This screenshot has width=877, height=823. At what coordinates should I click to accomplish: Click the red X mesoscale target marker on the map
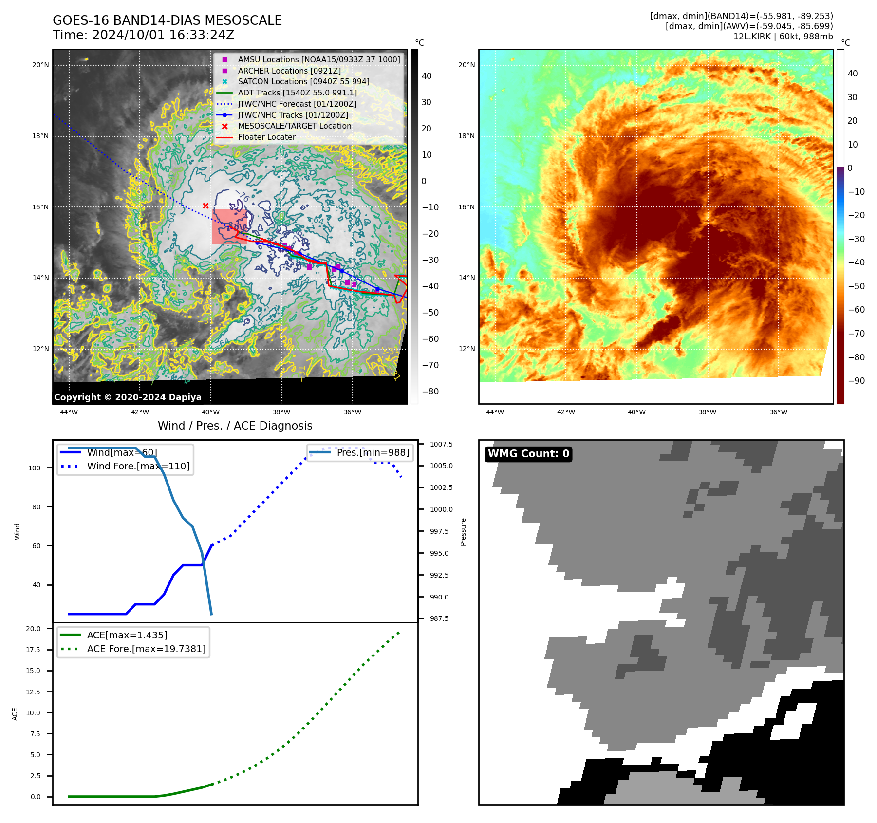click(205, 206)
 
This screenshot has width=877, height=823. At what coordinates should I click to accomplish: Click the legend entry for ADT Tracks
click(297, 93)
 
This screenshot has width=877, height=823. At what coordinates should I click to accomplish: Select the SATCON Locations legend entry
click(303, 81)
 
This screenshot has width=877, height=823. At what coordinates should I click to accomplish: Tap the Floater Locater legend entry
click(266, 137)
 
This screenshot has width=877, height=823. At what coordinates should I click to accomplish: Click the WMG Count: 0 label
click(528, 454)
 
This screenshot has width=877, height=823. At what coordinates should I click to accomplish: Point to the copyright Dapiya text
click(128, 397)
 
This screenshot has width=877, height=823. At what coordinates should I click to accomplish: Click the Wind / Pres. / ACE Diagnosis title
click(235, 426)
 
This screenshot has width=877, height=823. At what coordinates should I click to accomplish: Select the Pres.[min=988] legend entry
click(373, 452)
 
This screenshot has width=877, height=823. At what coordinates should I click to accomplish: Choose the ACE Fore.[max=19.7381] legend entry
click(146, 649)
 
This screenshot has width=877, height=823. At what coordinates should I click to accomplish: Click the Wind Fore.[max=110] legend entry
click(138, 466)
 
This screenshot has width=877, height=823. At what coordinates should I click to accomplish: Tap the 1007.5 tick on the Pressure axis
click(441, 444)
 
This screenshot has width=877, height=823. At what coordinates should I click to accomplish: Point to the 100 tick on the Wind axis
click(35, 468)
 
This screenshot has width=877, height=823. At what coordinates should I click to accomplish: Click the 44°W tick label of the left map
click(69, 412)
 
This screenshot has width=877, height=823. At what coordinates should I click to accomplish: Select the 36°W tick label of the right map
click(778, 412)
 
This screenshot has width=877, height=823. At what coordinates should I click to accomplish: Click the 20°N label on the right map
click(466, 65)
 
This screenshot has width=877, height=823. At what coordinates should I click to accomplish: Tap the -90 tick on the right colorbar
click(856, 381)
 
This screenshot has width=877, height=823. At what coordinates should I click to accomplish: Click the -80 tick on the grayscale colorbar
click(430, 392)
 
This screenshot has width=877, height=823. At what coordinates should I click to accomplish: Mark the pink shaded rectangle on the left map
click(229, 226)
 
